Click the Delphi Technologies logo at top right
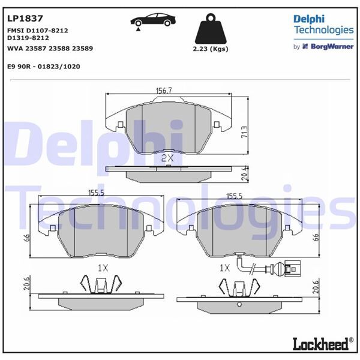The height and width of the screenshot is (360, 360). (323, 24)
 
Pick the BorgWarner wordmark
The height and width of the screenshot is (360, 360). (328, 46)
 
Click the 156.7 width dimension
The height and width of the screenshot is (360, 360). (164, 90)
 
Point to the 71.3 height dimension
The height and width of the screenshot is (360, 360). (244, 131)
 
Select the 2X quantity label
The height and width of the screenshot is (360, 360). (167, 158)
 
